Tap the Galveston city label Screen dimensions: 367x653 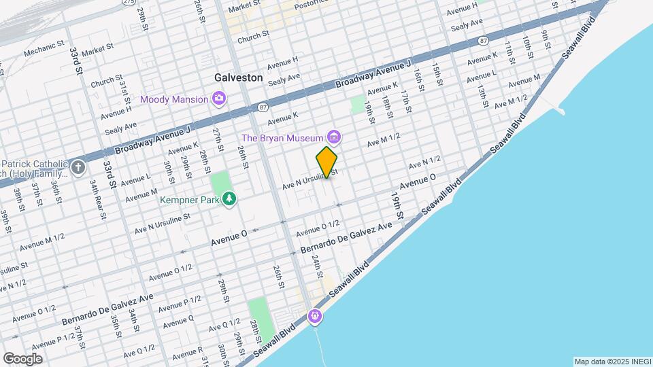pyautogui.click(x=238, y=77)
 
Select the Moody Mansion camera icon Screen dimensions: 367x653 pyautogui.click(x=219, y=100)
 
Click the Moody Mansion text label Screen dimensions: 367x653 pyautogui.click(x=174, y=100)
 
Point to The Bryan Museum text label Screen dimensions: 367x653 pyautogui.click(x=284, y=139)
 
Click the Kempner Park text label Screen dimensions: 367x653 pyautogui.click(x=189, y=200)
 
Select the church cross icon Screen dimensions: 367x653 pyautogui.click(x=79, y=167)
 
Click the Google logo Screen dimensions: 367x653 pyautogui.click(x=22, y=358)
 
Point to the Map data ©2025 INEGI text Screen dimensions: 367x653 pyautogui.click(x=612, y=361)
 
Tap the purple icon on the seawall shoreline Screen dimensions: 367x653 pyautogui.click(x=314, y=315)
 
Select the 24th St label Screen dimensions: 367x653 pyautogui.click(x=316, y=266)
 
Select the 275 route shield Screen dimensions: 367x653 pyautogui.click(x=129, y=2)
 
